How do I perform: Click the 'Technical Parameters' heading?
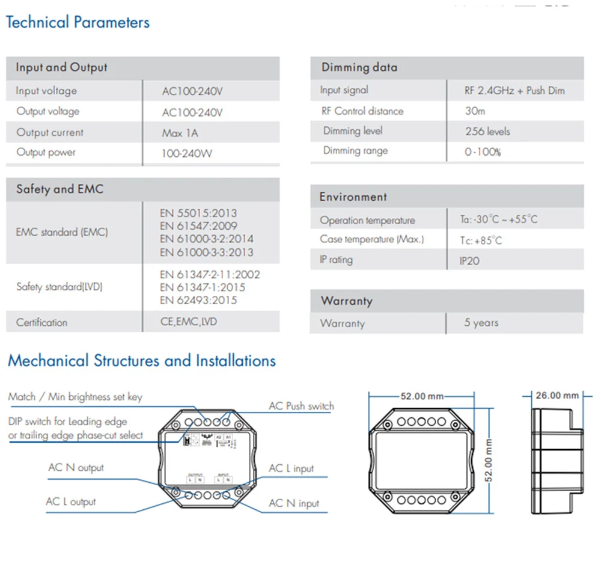coord(78,23)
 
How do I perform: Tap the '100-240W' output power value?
coord(186,153)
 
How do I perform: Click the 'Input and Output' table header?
coord(61,67)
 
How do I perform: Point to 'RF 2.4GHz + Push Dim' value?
coord(514,91)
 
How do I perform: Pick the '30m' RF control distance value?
coord(475,111)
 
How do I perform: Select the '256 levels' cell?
coord(487,131)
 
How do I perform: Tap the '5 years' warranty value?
coord(481,323)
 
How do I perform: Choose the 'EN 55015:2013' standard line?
coord(198,213)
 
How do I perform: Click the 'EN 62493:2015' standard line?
coord(198,300)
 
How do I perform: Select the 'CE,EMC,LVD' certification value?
coord(189,322)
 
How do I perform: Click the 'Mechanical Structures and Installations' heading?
coord(142,361)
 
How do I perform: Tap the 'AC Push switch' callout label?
coord(301,406)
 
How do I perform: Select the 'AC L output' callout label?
coord(71,501)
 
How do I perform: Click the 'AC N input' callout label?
coord(294,503)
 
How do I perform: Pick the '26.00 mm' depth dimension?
coord(557,395)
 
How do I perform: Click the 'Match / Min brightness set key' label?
coord(76,397)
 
